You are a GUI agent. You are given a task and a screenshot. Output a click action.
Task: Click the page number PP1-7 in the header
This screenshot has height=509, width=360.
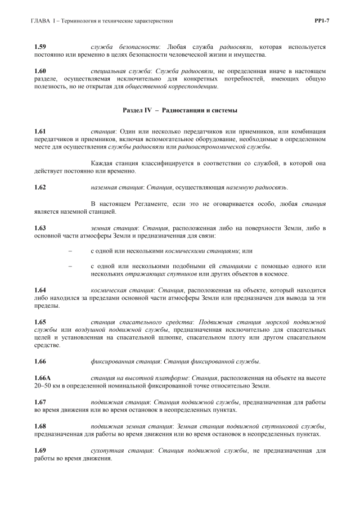click(x=321, y=21)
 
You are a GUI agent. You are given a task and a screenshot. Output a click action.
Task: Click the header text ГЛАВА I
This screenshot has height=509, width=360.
click(x=47, y=21)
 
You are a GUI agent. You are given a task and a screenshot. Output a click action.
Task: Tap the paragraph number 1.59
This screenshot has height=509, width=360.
click(x=40, y=47)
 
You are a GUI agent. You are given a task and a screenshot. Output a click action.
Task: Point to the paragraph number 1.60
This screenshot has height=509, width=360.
click(x=40, y=71)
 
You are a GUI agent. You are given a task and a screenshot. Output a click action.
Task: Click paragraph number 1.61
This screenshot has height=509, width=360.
click(x=40, y=131)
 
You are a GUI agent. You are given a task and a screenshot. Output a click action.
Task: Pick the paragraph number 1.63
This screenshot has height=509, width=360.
click(x=40, y=228)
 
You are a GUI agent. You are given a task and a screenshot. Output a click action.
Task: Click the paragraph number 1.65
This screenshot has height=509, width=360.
click(x=40, y=321)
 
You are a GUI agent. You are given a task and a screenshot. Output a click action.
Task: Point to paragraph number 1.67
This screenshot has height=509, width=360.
click(x=40, y=402)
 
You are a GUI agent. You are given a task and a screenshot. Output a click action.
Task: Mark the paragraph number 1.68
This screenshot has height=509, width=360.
click(x=40, y=426)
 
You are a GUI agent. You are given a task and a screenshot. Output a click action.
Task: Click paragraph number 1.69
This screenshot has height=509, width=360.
click(x=40, y=451)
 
